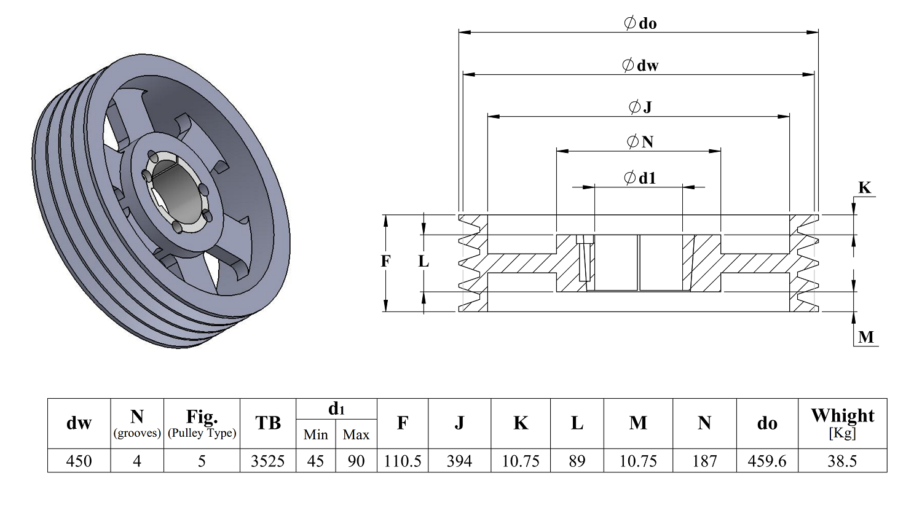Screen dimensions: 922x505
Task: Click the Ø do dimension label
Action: [x=640, y=23]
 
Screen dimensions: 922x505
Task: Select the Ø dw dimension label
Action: [x=640, y=65]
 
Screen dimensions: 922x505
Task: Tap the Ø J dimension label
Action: [x=640, y=107]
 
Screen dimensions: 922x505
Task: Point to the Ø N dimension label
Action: [x=640, y=142]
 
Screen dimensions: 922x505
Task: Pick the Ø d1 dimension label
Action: [x=640, y=178]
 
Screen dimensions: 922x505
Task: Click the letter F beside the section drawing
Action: [x=385, y=261]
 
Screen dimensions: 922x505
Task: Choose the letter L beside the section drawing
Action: [x=424, y=261]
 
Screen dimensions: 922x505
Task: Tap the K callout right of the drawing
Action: [x=864, y=188]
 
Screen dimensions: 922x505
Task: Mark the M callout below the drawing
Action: [x=866, y=337]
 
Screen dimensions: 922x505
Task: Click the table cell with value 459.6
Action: [x=767, y=461]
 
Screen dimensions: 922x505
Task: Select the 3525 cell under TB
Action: [x=268, y=461]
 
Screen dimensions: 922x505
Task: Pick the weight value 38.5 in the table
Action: [x=843, y=461]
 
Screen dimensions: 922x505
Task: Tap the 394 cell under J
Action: [x=459, y=461]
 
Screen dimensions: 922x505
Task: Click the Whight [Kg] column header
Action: [x=843, y=423]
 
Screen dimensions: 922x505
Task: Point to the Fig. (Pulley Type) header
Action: [x=202, y=423]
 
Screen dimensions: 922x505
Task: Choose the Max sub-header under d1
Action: [x=356, y=434]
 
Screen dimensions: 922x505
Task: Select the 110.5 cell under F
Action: [x=403, y=461]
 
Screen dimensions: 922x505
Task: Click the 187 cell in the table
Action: [x=704, y=461]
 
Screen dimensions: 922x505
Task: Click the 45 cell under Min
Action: [x=316, y=461]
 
